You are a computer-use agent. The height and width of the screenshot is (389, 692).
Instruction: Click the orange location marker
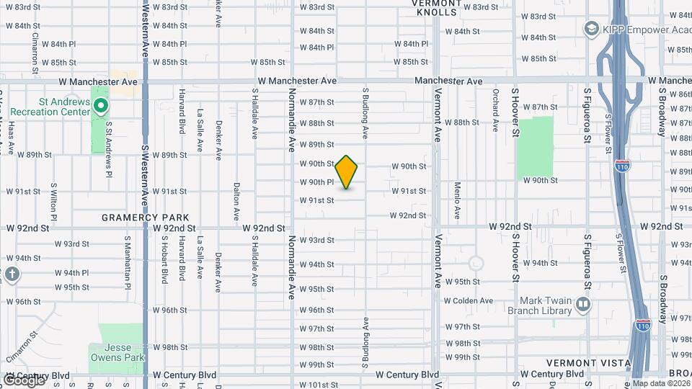pyautogui.click(x=347, y=172)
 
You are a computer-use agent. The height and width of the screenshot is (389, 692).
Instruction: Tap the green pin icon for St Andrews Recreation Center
pyautogui.click(x=101, y=107)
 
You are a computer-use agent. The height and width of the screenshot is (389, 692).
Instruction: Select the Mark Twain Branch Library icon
pyautogui.click(x=583, y=305)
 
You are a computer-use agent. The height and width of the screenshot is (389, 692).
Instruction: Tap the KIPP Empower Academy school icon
pyautogui.click(x=592, y=28)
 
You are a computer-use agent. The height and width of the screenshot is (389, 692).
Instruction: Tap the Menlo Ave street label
pyautogui.click(x=457, y=200)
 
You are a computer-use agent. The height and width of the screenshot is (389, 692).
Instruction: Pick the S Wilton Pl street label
pyautogui.click(x=53, y=201)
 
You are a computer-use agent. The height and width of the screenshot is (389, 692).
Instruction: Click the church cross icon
pyautogui.click(x=12, y=274)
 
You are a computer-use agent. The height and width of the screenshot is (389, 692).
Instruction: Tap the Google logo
pyautogui.click(x=23, y=380)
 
